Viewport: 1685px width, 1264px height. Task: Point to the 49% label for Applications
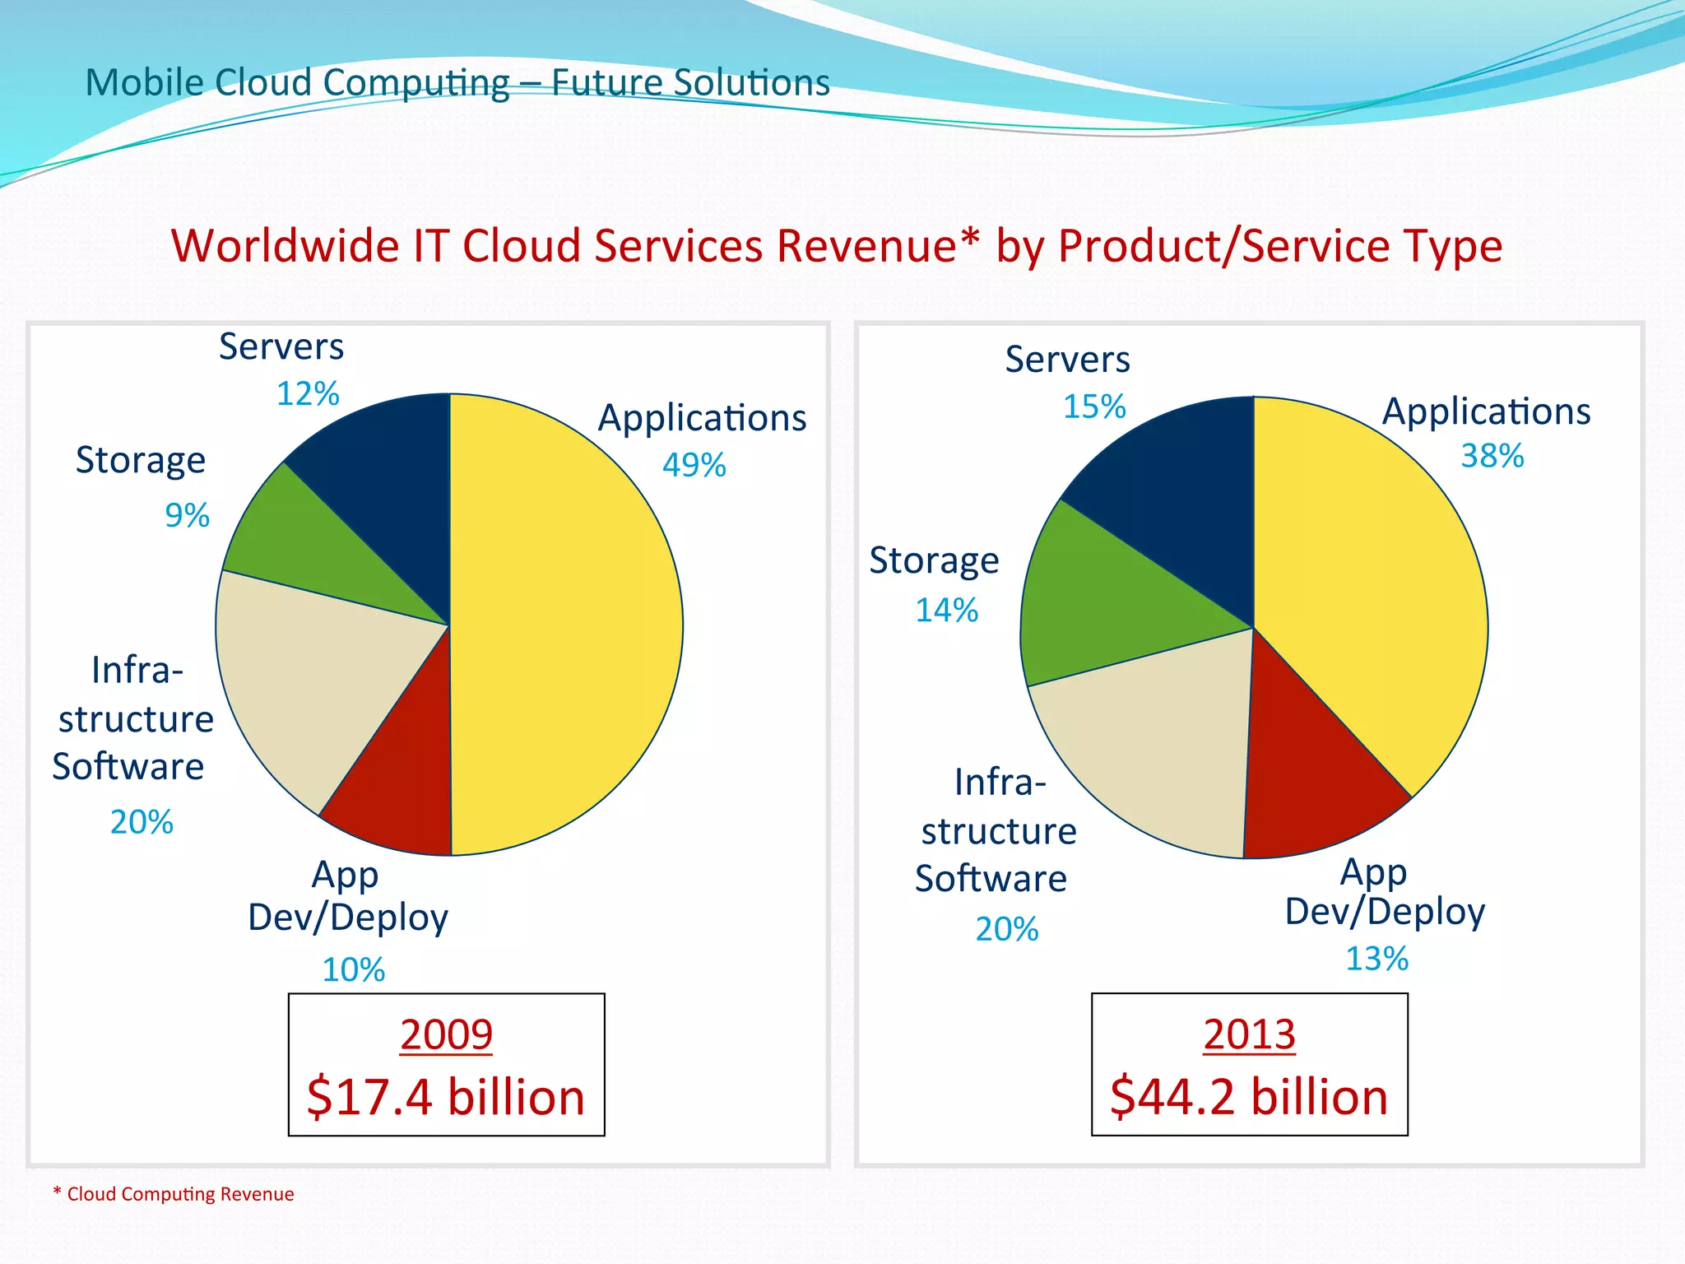point(694,466)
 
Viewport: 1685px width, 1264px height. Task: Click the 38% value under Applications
point(1492,456)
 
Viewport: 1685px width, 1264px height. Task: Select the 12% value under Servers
point(307,394)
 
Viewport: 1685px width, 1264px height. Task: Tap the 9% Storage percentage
point(187,516)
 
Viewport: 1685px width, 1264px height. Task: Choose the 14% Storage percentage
point(946,611)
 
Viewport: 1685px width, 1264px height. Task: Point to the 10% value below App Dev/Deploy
point(353,970)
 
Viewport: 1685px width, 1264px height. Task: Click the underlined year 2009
point(446,1034)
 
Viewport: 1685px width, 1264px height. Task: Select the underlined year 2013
point(1249,1034)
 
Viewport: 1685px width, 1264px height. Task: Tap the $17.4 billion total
point(445,1098)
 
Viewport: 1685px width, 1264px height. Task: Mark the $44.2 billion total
point(1249,1098)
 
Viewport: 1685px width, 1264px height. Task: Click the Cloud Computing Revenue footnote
point(174,1194)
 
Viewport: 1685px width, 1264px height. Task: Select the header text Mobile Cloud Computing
point(297,83)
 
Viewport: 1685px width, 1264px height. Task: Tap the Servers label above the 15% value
point(1067,360)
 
